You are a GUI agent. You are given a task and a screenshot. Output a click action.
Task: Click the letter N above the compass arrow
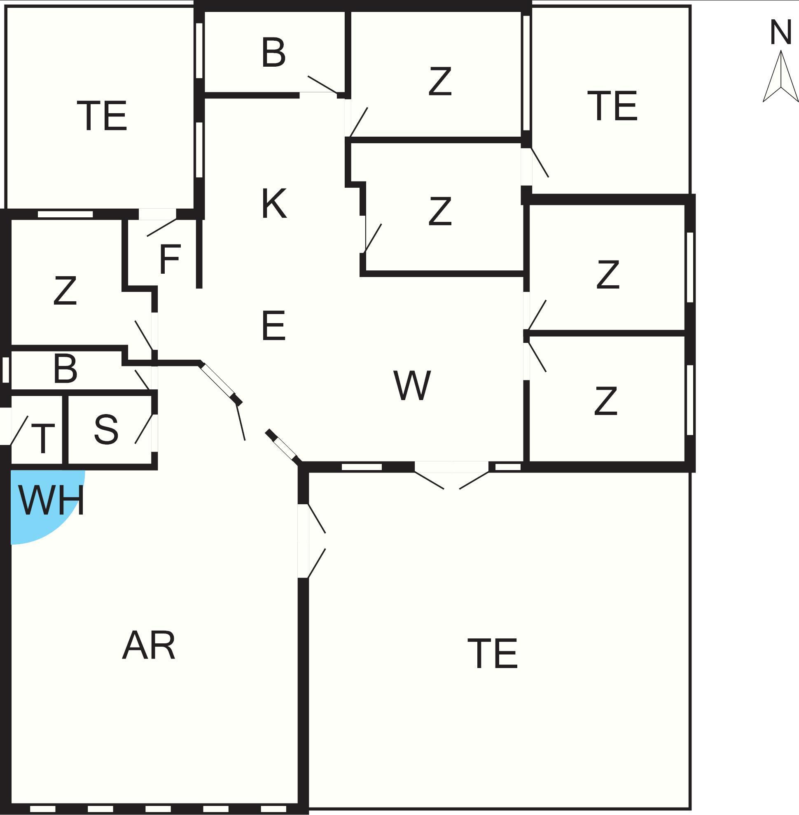[x=780, y=32]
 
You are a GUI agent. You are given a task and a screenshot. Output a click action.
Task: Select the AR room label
[x=149, y=645]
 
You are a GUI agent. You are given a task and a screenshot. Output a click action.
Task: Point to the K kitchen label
[x=274, y=203]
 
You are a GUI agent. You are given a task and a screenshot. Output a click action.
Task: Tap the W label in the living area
[x=412, y=385]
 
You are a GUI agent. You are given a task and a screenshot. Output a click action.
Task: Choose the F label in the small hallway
[x=170, y=259]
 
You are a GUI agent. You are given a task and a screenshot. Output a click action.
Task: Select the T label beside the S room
[x=43, y=438]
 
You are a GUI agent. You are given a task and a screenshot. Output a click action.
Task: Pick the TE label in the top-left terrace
[x=102, y=115]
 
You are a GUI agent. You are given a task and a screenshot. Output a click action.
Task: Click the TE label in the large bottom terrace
[x=493, y=654]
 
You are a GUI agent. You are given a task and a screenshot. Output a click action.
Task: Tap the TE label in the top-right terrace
[x=612, y=106]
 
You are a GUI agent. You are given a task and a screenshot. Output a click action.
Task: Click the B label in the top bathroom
[x=273, y=52]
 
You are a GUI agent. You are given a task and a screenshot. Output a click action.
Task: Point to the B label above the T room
[x=65, y=368]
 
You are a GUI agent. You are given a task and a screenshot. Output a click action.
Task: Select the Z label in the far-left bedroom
[x=65, y=290]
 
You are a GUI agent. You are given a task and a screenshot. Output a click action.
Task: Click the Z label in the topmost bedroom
[x=440, y=81]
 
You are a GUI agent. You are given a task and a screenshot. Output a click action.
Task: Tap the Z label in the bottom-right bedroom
[x=605, y=401]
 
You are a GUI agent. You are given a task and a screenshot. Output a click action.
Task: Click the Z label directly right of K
[x=440, y=211]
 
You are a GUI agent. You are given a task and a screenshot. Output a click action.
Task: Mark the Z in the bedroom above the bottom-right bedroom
[x=607, y=274]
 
